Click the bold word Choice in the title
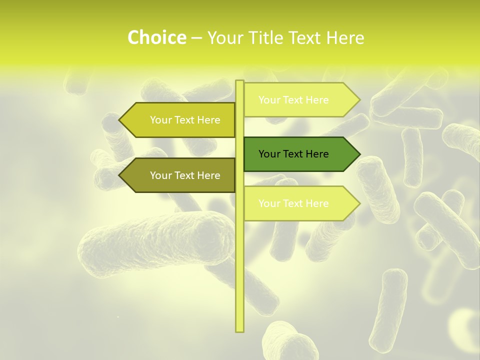coord(156,38)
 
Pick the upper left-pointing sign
coord(180,120)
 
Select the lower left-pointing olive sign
coord(180,175)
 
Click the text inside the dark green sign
coord(293,154)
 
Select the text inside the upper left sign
coord(185,120)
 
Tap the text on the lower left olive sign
coord(185,175)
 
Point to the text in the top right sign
coord(293,100)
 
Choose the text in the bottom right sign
coord(293,203)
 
